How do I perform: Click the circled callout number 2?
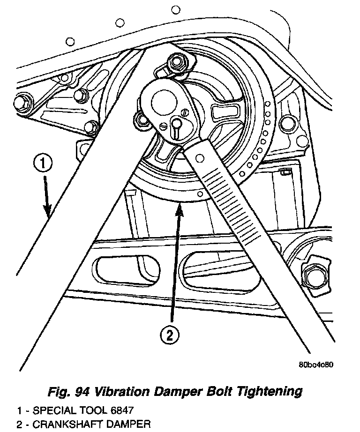click(x=169, y=335)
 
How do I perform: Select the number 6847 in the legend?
click(x=121, y=410)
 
